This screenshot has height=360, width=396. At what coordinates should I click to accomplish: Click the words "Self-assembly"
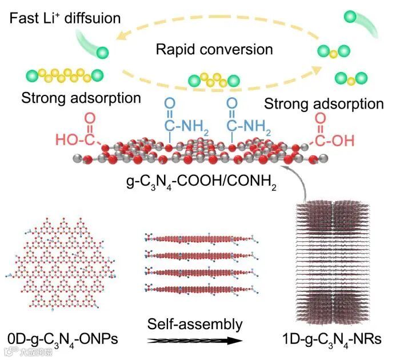(x=194, y=325)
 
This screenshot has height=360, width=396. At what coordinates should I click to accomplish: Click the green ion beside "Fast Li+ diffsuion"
(x=103, y=53)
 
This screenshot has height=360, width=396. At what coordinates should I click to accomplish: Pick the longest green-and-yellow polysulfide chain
(x=64, y=74)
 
